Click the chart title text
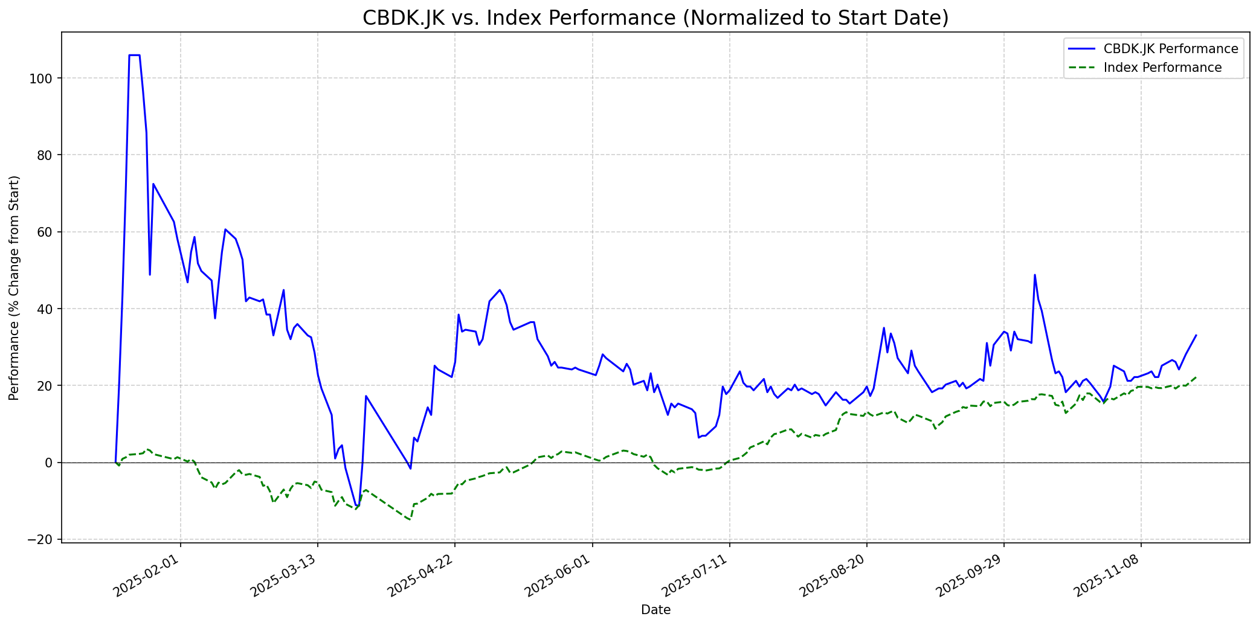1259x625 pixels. tap(655, 18)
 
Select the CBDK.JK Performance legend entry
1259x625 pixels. tap(1170, 49)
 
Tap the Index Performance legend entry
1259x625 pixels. tap(1162, 68)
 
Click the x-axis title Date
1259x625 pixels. tap(655, 611)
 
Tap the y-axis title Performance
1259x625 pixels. tap(14, 287)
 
